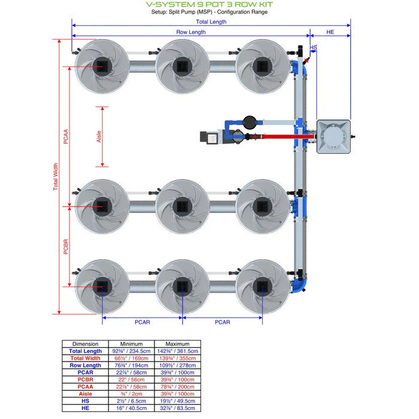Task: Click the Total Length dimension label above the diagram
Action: [210, 22]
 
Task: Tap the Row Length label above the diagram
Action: [190, 32]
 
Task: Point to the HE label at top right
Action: [330, 32]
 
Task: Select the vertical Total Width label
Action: [56, 177]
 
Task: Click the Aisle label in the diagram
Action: [99, 136]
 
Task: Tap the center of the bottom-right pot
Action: [262, 286]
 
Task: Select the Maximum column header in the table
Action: [182, 344]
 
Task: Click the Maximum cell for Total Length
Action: [182, 351]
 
